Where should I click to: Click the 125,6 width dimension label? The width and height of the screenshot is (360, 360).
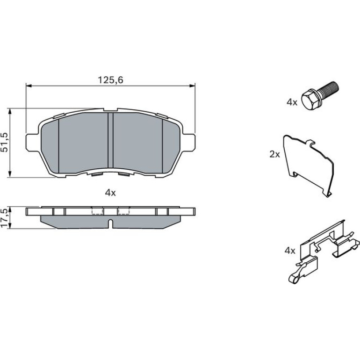tap(110, 80)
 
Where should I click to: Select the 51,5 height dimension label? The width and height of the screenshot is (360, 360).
tap(5, 142)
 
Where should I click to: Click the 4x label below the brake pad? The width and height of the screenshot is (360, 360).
tap(110, 193)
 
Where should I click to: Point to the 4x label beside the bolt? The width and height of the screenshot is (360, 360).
tap(292, 102)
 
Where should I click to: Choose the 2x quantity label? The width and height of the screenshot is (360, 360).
tap(274, 154)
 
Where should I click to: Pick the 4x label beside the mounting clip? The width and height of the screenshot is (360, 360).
tap(290, 251)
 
